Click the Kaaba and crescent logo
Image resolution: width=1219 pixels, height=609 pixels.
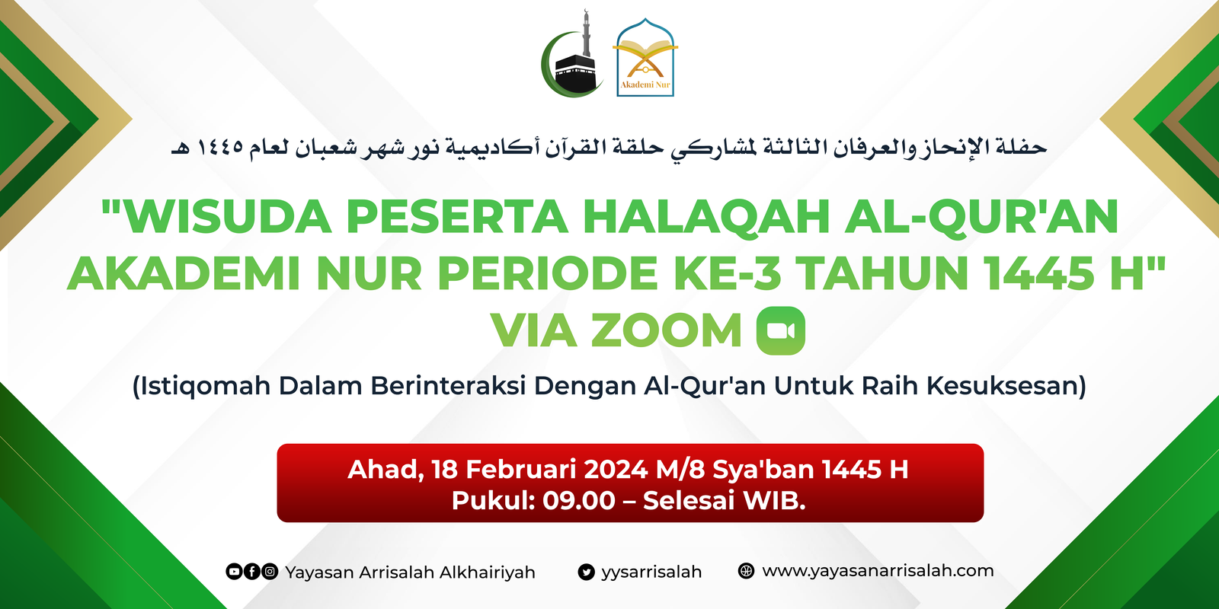[x=572, y=54]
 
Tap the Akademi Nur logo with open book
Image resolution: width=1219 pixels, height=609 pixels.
[x=645, y=58]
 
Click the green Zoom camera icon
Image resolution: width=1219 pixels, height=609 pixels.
[x=781, y=330]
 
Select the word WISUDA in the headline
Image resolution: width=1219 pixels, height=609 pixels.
[x=229, y=216]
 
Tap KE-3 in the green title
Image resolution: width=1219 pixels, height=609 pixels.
[x=728, y=273]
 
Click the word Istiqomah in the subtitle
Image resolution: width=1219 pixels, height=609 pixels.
[x=206, y=386]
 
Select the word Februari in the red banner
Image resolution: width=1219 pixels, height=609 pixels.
[x=521, y=469]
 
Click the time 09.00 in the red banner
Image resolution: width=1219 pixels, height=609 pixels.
[x=579, y=500]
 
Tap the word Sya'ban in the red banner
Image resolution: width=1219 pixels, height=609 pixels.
[x=763, y=469]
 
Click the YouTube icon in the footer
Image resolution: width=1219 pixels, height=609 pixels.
[x=234, y=572]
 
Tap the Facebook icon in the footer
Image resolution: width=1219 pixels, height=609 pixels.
[x=251, y=572]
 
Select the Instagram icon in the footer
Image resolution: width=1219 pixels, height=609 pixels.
[x=270, y=572]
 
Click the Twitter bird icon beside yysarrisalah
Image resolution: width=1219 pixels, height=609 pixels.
[x=586, y=572]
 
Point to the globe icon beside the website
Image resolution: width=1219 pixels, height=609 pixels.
[x=746, y=571]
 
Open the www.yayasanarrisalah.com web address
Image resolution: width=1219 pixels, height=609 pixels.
[x=878, y=571]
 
